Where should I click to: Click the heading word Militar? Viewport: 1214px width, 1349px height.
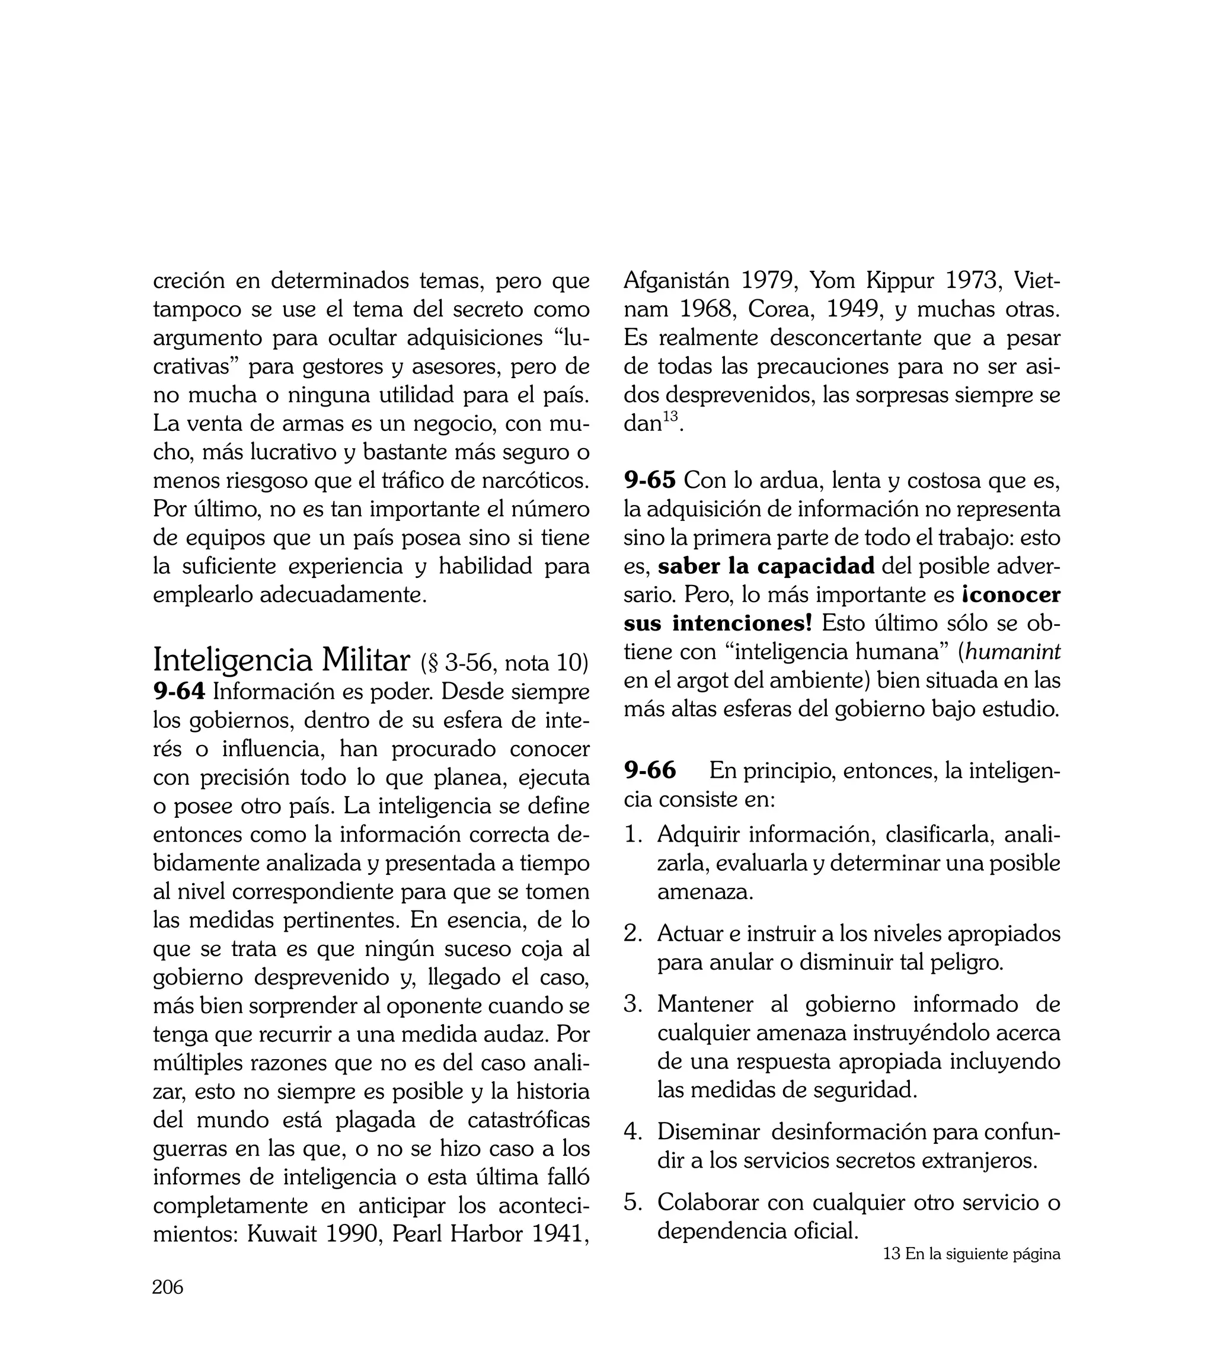366,661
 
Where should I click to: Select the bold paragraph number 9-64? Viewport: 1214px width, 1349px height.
179,692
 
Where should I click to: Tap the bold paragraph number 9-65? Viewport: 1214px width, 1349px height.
650,479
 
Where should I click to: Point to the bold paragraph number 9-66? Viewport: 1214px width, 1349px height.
650,770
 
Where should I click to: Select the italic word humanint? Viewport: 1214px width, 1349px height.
1012,651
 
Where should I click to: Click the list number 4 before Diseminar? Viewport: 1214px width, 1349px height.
631,1132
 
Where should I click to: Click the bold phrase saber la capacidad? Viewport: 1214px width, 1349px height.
766,566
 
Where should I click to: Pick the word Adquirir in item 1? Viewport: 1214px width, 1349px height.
698,834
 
